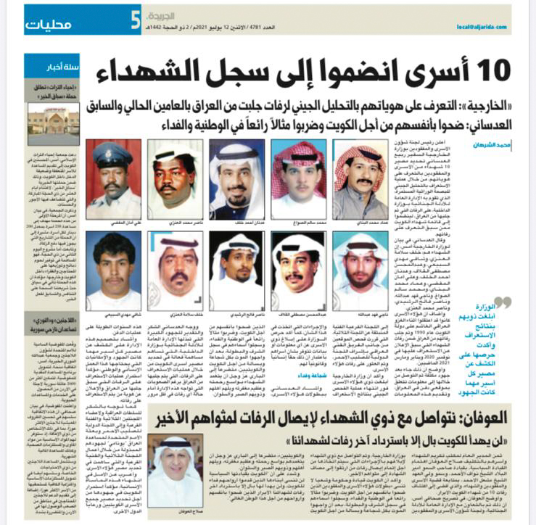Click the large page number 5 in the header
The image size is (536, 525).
134,21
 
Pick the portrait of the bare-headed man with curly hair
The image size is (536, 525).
113,266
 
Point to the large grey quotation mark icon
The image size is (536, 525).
500,302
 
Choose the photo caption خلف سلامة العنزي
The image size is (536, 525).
174,315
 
